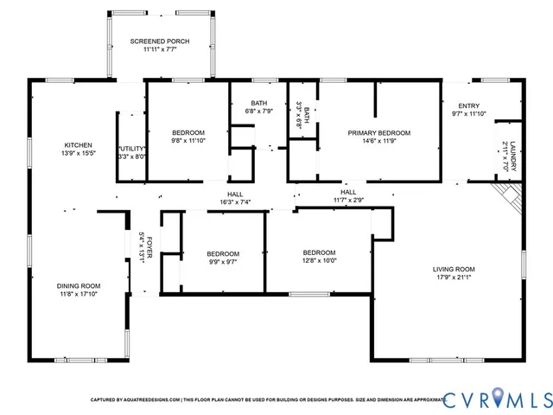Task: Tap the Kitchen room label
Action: [78, 145]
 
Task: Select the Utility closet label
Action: [131, 149]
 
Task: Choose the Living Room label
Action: [454, 269]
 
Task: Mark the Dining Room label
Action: [79, 286]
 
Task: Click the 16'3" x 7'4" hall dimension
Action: [234, 201]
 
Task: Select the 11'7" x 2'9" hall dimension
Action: [348, 200]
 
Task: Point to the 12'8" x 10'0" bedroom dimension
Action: [319, 260]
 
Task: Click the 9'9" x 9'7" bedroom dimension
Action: [222, 260]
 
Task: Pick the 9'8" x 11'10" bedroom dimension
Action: [188, 140]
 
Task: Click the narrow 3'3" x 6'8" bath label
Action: [299, 115]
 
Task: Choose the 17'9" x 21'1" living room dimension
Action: [454, 278]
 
